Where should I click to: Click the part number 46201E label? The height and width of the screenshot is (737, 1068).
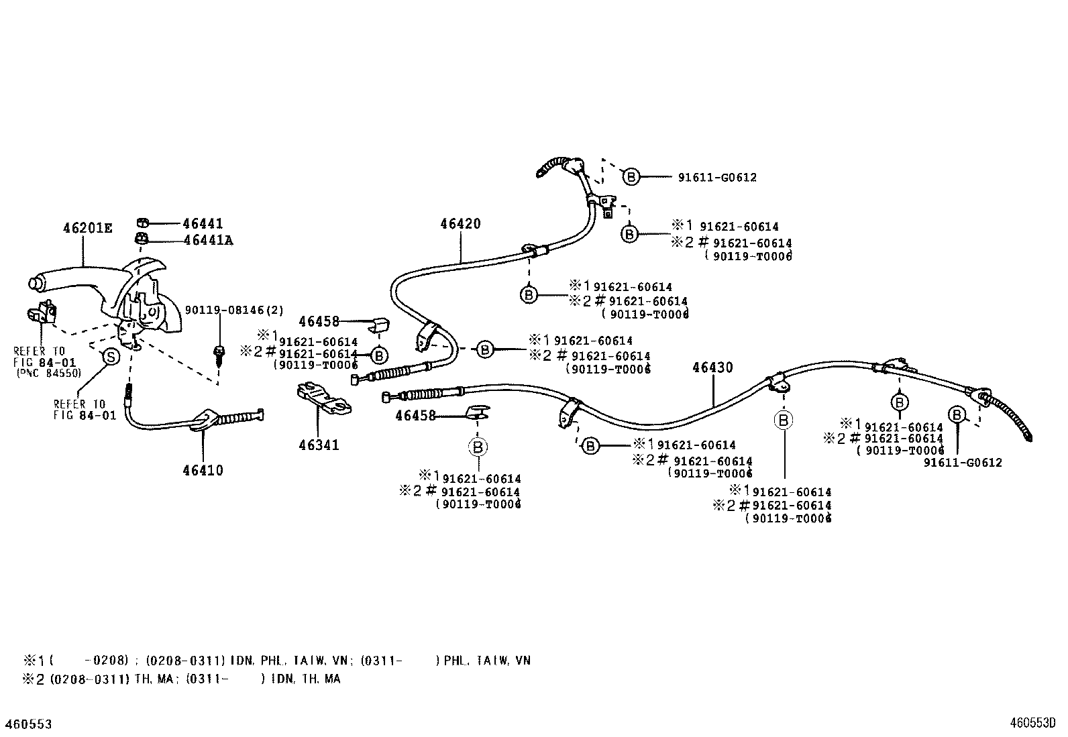tap(87, 228)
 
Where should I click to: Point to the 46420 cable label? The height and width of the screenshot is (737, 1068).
tap(460, 224)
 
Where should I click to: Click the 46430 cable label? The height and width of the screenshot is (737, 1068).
tap(712, 367)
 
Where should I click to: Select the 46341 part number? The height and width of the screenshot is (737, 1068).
tap(319, 445)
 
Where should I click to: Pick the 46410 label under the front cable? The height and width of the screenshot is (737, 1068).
tap(203, 470)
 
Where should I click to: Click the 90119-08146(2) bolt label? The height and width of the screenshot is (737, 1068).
tap(234, 310)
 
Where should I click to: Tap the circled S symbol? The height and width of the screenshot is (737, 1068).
tap(111, 357)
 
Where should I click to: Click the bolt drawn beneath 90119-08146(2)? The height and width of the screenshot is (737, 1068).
tap(219, 353)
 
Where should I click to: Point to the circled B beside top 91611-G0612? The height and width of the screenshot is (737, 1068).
tap(631, 176)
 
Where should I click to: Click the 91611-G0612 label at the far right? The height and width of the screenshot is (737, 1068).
tap(963, 462)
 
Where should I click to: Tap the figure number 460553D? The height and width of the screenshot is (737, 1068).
tap(1033, 724)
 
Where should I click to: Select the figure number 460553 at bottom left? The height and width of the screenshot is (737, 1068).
tap(30, 724)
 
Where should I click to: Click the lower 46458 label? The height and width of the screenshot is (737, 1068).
tap(415, 416)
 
